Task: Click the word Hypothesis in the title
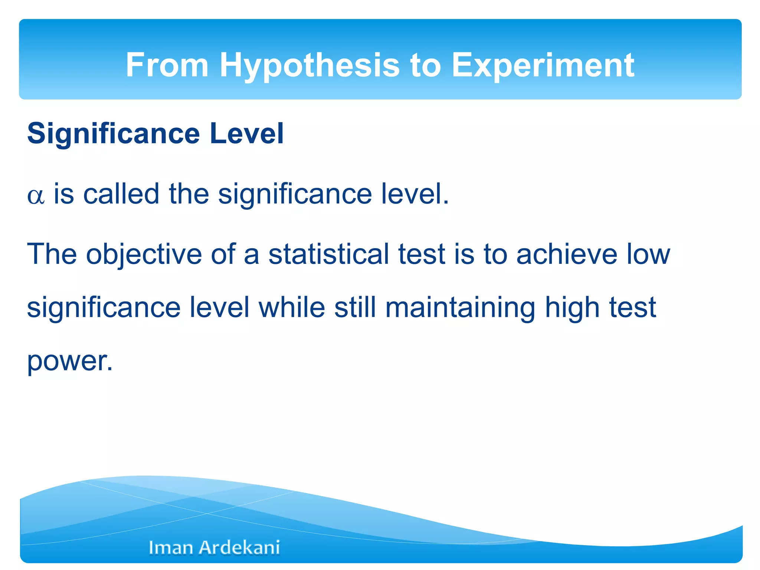tap(309, 66)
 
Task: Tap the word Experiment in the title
tap(543, 66)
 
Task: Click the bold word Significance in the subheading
tap(114, 134)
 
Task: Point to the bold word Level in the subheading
tap(247, 133)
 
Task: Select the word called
tap(121, 194)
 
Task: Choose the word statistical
tap(328, 254)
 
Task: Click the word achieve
tap(567, 254)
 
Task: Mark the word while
tap(292, 308)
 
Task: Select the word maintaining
tap(460, 308)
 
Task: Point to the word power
tap(69, 362)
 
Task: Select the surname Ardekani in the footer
tap(239, 547)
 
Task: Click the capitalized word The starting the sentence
tap(52, 254)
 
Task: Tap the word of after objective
tap(223, 254)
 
